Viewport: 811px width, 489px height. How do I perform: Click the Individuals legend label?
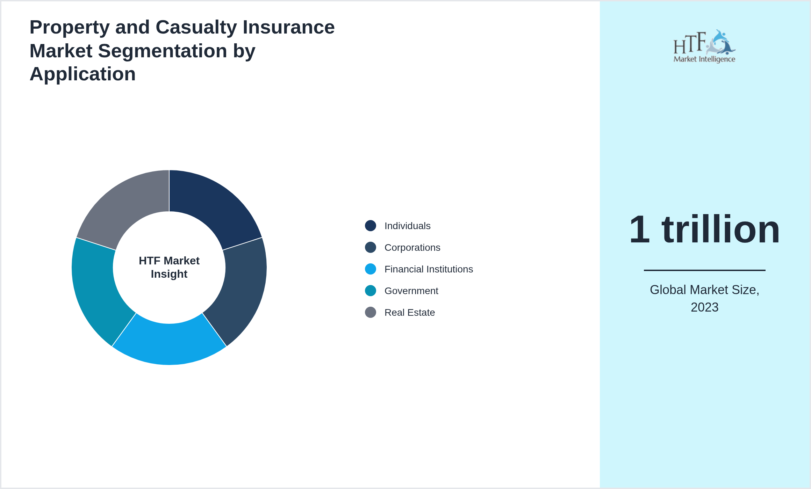407,226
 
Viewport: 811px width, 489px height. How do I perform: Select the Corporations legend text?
412,248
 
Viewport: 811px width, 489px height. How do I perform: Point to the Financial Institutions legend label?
428,269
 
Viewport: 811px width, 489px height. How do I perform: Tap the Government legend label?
411,291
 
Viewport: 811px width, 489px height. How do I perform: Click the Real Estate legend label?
409,313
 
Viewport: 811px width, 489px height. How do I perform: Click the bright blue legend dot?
371,269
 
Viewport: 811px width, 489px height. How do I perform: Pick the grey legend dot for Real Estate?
371,312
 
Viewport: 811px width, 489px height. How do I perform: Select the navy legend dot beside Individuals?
371,226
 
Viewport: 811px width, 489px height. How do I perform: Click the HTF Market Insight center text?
169,267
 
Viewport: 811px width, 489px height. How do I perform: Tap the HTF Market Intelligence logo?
704,46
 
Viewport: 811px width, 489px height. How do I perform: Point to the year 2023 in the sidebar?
704,307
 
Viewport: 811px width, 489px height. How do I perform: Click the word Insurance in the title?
288,27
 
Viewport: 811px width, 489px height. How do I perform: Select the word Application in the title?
82,74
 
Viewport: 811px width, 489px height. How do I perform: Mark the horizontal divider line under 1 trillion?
704,270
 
